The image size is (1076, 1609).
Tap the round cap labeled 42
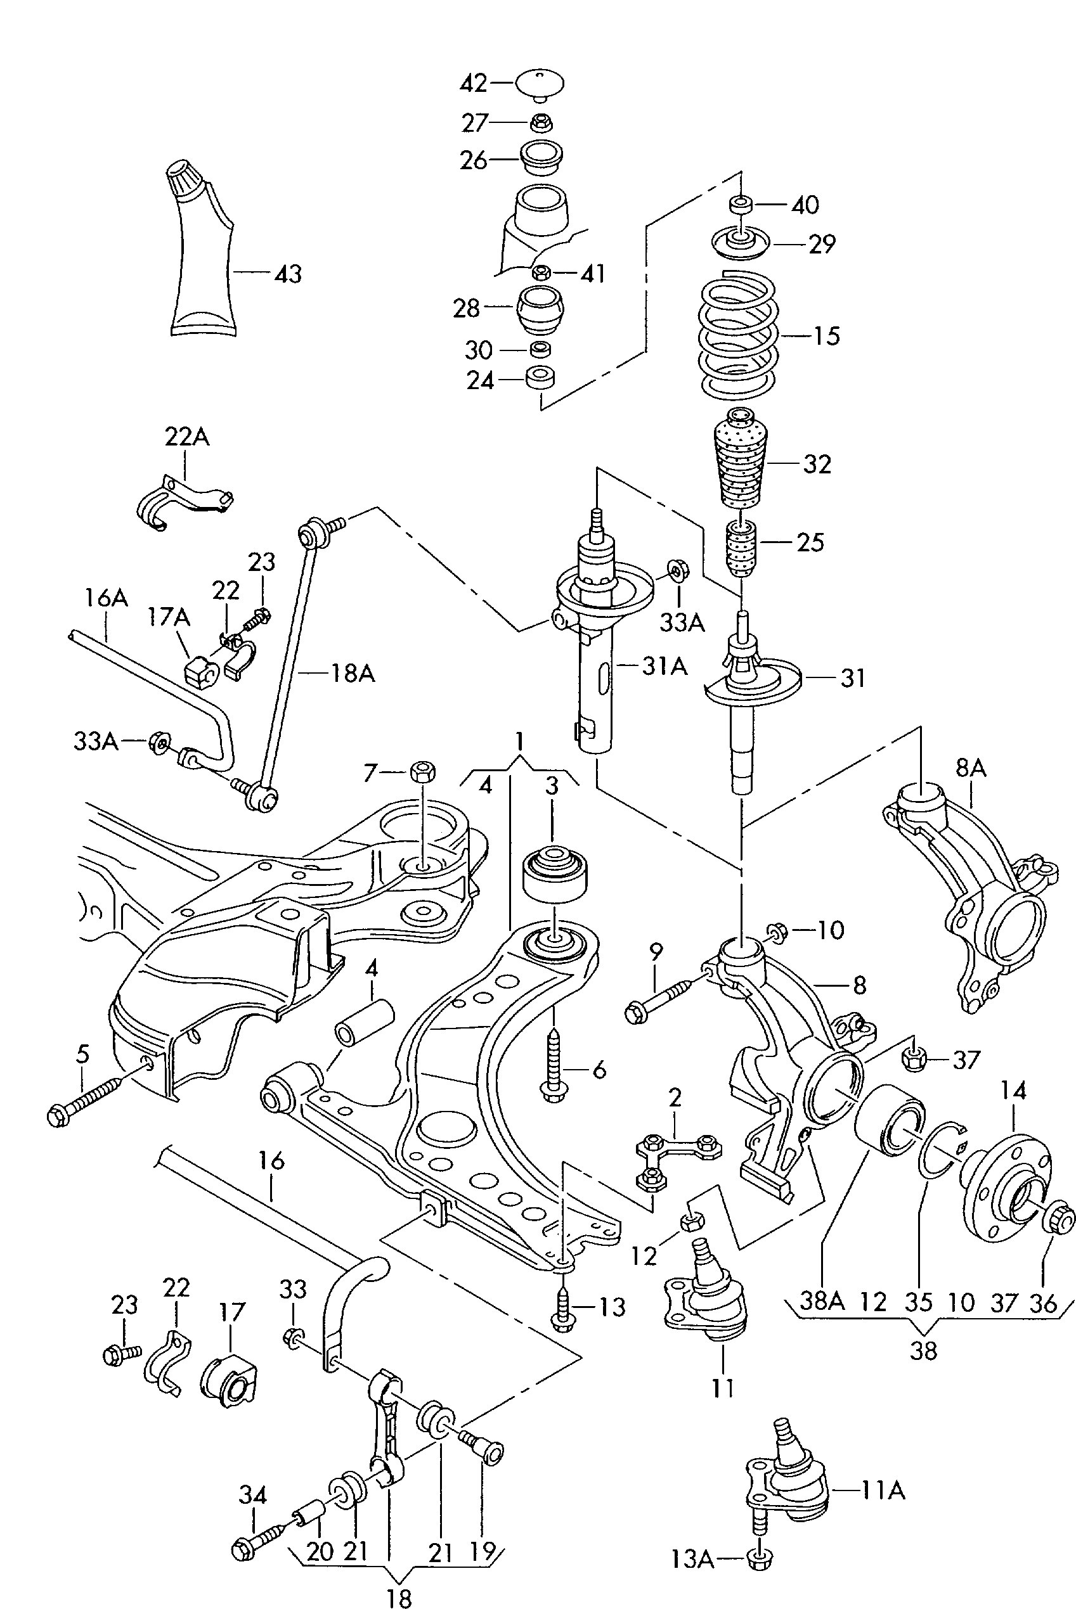click(x=540, y=85)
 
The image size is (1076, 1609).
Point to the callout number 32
click(x=817, y=465)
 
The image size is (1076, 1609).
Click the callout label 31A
click(x=664, y=666)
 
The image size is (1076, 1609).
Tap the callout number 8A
click(x=971, y=768)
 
